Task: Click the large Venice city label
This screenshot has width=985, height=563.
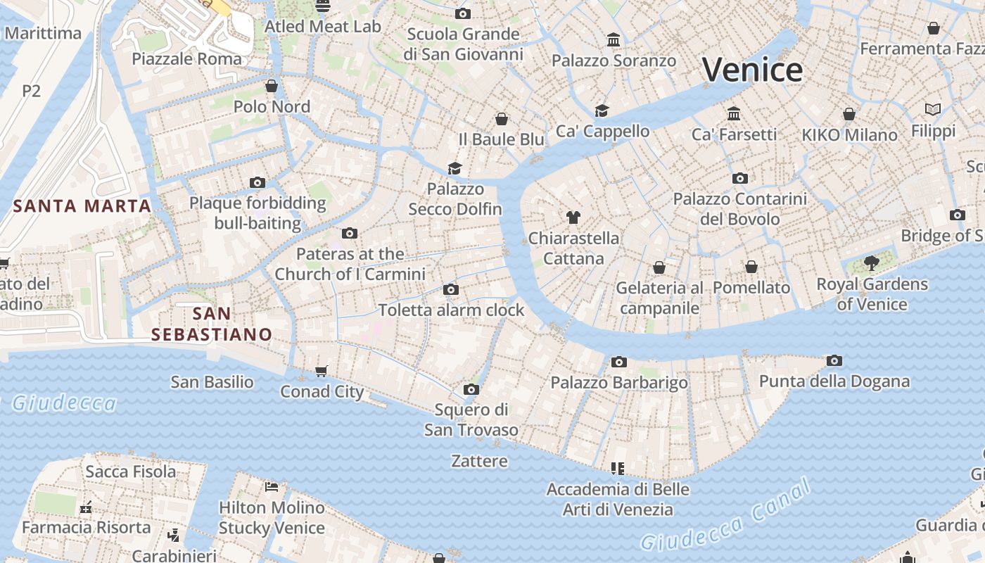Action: point(752,70)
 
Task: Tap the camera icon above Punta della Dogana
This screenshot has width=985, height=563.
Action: point(834,361)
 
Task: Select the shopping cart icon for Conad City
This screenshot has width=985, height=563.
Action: point(322,371)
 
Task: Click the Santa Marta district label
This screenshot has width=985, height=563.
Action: point(82,206)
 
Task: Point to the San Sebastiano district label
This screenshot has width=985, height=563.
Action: point(212,324)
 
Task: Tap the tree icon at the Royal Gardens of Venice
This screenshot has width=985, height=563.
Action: point(872,264)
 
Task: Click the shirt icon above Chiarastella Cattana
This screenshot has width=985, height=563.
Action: point(573,217)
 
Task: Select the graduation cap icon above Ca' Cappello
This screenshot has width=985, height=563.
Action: point(602,110)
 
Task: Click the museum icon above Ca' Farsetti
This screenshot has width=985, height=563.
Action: point(734,113)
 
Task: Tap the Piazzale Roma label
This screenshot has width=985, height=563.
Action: point(187,58)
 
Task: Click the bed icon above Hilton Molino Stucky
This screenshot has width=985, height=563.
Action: point(272,487)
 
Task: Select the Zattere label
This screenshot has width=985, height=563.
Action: point(479,462)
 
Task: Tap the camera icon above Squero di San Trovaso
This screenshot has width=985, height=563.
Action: point(471,389)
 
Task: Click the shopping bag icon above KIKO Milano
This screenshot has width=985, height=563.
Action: point(849,114)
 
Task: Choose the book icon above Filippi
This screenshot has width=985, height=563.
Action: point(933,110)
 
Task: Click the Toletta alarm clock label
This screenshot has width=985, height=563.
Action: point(451,310)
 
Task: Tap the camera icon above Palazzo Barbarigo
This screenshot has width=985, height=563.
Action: point(618,362)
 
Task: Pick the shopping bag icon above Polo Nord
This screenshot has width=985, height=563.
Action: point(272,86)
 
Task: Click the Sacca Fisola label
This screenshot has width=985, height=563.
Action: point(131,472)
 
